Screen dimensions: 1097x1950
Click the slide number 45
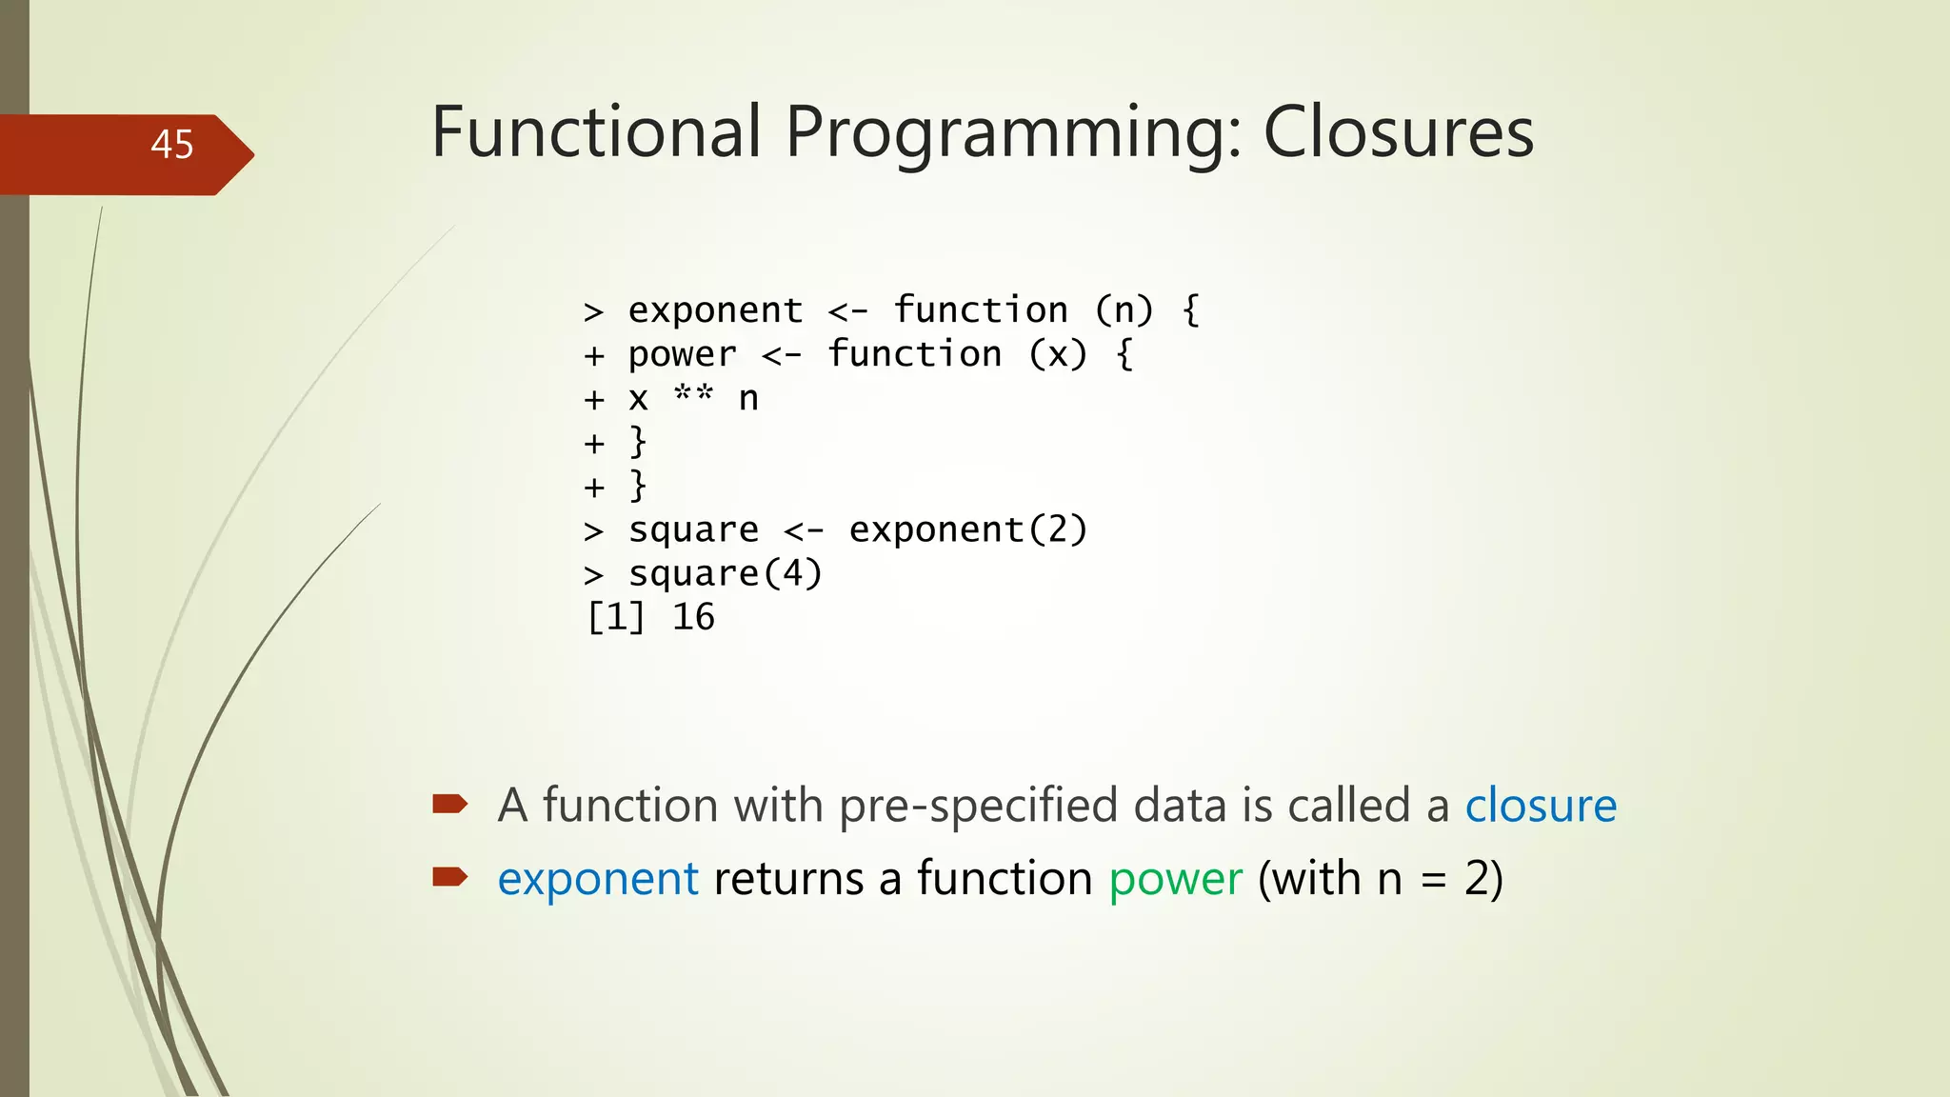(x=171, y=145)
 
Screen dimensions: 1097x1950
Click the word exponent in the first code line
(x=715, y=311)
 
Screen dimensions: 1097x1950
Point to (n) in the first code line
(x=1124, y=310)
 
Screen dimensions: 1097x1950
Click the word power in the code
(x=682, y=355)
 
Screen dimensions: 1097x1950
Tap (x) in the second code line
(x=1057, y=355)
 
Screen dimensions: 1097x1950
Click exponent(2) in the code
(x=967, y=529)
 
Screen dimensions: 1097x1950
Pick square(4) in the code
(x=725, y=574)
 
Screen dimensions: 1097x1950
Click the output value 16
(x=693, y=618)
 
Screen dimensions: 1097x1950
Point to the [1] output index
(x=616, y=618)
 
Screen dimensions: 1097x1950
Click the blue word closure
(x=1540, y=806)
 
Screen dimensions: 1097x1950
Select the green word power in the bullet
(x=1175, y=879)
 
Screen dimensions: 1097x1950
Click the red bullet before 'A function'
(x=449, y=805)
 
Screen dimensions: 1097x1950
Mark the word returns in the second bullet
(x=788, y=879)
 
